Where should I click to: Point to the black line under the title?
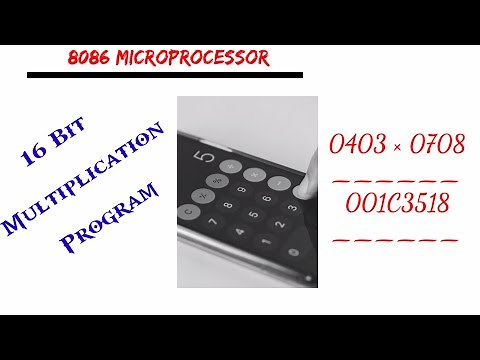pos(165,75)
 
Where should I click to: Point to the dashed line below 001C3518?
pos(394,239)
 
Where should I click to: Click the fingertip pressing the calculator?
pos(299,169)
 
